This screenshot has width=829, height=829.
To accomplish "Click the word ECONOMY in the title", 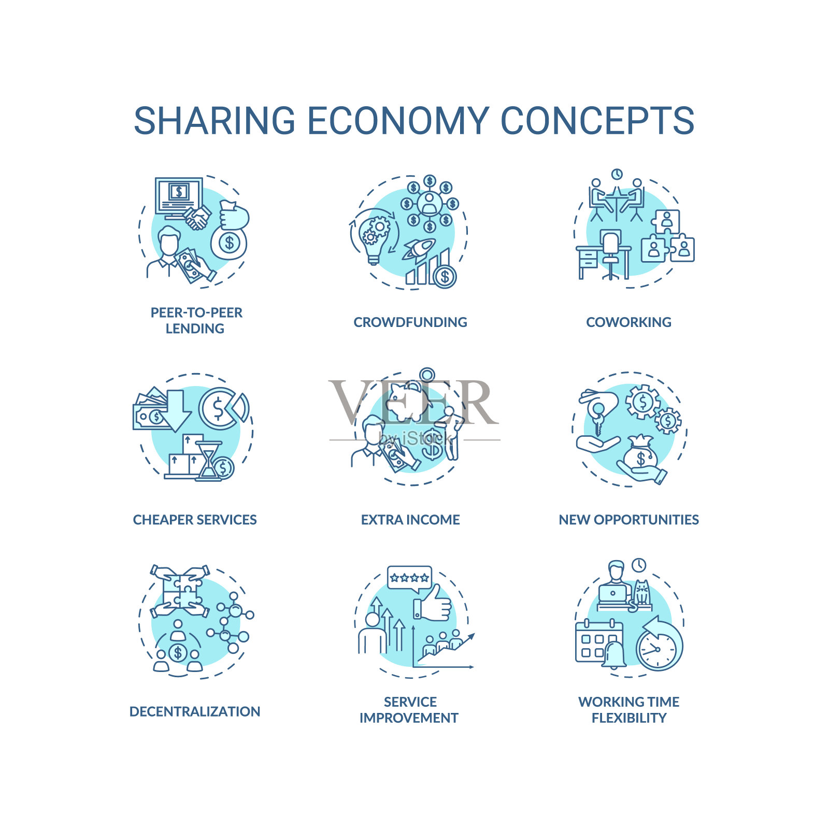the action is (x=398, y=121).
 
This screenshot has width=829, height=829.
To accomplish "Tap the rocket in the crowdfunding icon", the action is (x=419, y=249).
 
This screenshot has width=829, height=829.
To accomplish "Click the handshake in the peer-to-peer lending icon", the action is (x=197, y=218).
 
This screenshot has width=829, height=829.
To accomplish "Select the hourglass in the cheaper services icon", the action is (x=208, y=461).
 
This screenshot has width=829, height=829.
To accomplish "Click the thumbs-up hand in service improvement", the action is (x=432, y=604).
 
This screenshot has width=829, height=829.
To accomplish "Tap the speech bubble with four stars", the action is (x=409, y=579).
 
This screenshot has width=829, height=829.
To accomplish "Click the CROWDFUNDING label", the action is (x=410, y=322).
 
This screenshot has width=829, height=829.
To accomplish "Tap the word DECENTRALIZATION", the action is (x=195, y=711).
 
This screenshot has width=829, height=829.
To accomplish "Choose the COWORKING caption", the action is (x=628, y=322).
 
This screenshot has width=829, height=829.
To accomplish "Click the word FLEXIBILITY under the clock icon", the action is (x=629, y=718).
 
